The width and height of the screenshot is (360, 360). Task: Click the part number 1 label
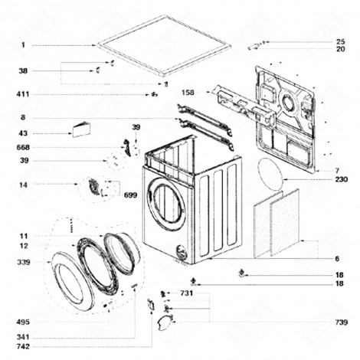[x=23, y=45]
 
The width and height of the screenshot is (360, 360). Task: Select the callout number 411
[x=25, y=95]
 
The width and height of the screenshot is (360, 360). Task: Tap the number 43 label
[x=23, y=133]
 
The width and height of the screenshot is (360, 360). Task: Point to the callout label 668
[x=25, y=146]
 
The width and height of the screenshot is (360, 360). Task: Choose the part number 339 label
[x=25, y=262]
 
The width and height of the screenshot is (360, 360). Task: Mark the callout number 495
[x=25, y=321]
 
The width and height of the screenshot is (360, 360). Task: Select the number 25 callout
[x=340, y=41]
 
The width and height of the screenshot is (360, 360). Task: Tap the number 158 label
[x=187, y=93]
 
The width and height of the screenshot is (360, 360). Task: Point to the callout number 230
[x=341, y=178]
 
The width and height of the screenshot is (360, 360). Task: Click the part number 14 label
[x=23, y=185]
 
